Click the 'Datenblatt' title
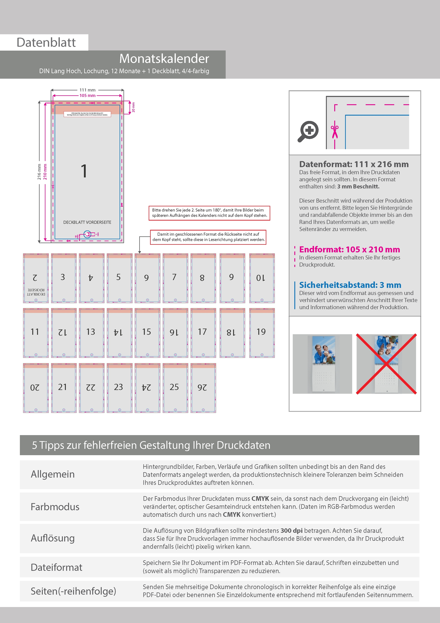tap(46, 43)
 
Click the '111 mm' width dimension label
tap(87, 90)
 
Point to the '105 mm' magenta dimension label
tap(87, 96)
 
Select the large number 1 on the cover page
tap(84, 171)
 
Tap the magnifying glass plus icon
tap(308, 131)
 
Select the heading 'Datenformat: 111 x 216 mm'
tap(354, 164)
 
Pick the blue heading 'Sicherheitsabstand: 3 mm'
tap(350, 285)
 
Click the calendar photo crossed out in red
tap(386, 364)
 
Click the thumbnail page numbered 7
tap(175, 278)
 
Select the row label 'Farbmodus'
tap(55, 507)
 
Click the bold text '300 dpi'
tap(291, 530)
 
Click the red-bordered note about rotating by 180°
tap(209, 213)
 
